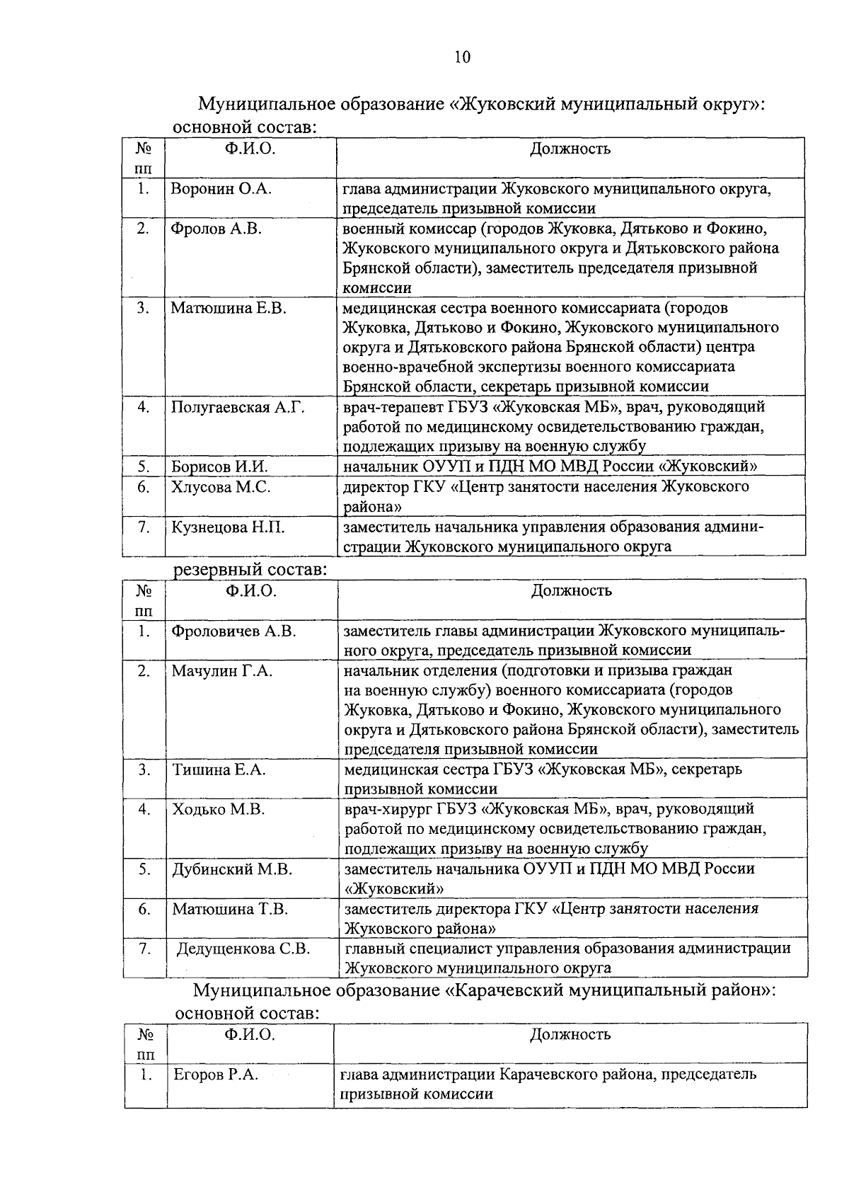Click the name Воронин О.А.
[x=221, y=189]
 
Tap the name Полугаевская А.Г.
[x=237, y=407]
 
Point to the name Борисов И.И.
[x=219, y=466]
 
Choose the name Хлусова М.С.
[x=220, y=487]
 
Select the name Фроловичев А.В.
[x=233, y=631]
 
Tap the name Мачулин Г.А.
[x=222, y=670]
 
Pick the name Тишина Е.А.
[x=219, y=769]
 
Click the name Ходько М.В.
[x=219, y=809]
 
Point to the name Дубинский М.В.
[x=232, y=869]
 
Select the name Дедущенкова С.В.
[x=243, y=949]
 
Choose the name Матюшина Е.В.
[x=228, y=308]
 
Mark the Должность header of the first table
[x=570, y=149]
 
